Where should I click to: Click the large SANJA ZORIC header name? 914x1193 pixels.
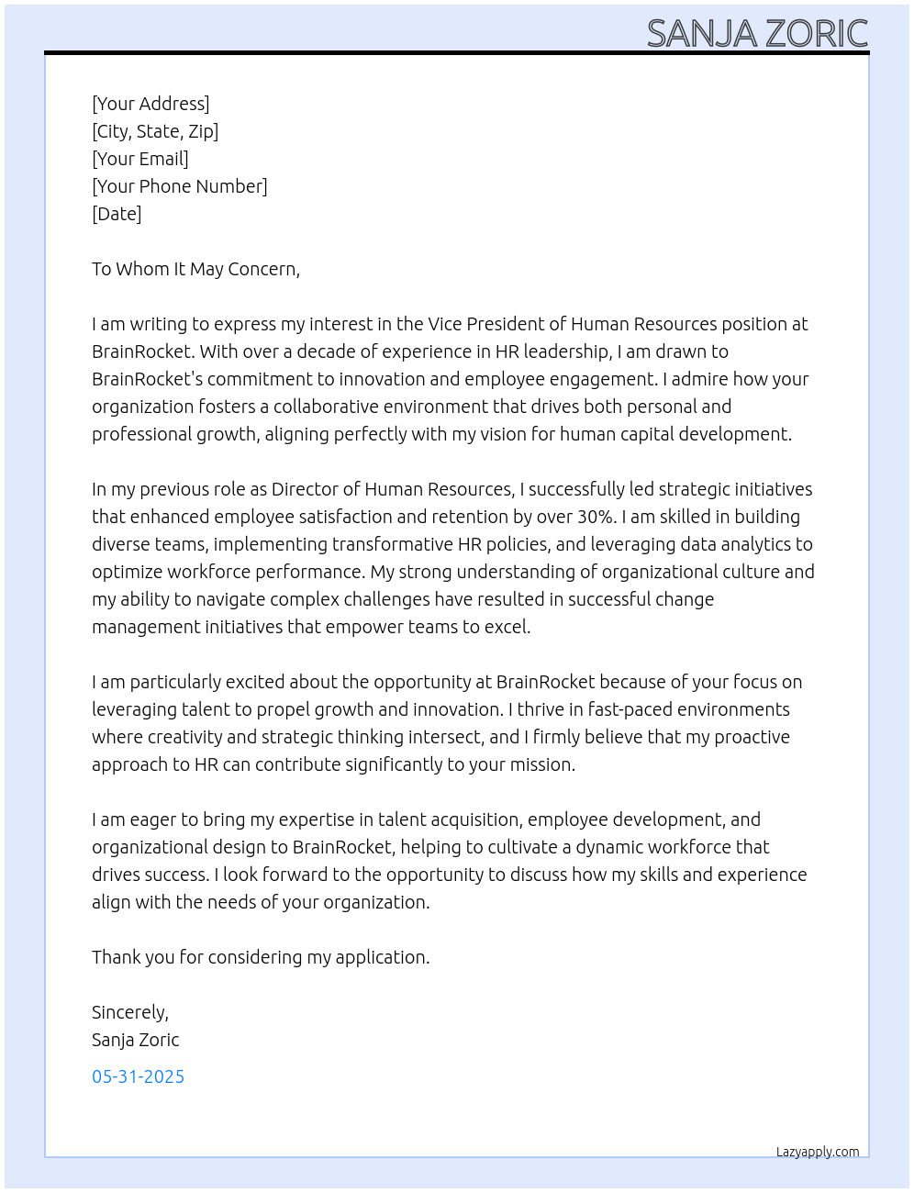coord(757,34)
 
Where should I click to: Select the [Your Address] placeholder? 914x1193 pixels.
coord(150,104)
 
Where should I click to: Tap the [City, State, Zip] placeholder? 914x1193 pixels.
coord(155,131)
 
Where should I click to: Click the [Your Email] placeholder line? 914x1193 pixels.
coord(140,159)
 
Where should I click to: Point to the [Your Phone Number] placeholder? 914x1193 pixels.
coord(180,186)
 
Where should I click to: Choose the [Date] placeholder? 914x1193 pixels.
coord(117,214)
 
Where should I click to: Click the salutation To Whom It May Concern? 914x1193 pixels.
coord(195,269)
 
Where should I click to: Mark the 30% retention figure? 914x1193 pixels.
coord(595,517)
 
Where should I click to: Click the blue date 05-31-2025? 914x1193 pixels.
coord(138,1076)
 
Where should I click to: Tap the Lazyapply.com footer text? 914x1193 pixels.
coord(818,1152)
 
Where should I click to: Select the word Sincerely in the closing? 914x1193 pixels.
coord(129,1012)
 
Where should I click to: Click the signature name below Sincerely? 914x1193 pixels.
coord(135,1040)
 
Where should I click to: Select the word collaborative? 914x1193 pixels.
coord(330,407)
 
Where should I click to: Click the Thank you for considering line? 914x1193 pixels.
coord(261,957)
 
